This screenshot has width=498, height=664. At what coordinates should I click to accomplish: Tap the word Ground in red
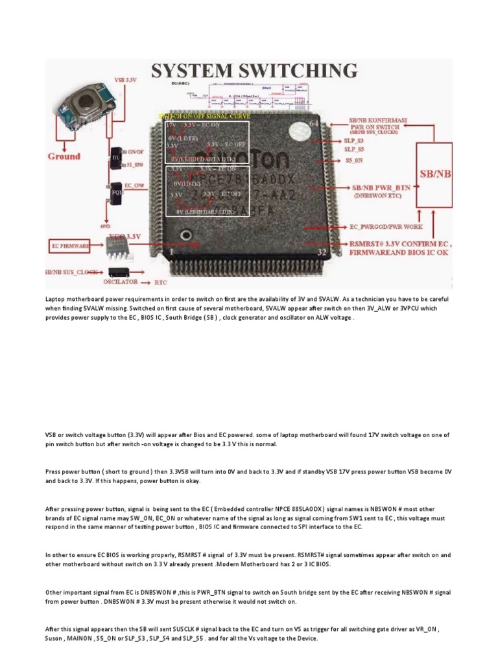(64, 156)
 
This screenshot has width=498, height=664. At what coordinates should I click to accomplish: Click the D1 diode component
(117, 158)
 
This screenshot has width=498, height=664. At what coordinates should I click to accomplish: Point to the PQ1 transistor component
(117, 193)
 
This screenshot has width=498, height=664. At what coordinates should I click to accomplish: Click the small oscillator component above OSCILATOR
(121, 271)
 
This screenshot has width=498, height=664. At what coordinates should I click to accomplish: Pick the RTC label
(160, 283)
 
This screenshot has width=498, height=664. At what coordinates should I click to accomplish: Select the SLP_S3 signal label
(353, 139)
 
